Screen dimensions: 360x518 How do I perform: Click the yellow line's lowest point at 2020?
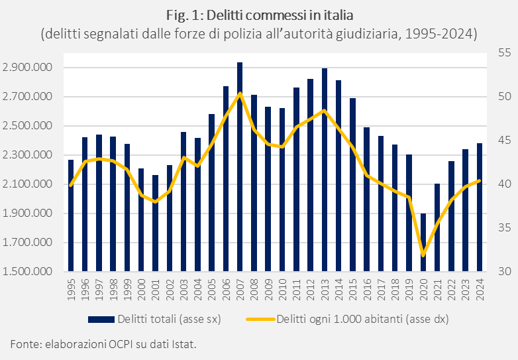click(x=423, y=255)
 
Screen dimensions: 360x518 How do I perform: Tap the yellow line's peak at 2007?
click(x=240, y=93)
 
